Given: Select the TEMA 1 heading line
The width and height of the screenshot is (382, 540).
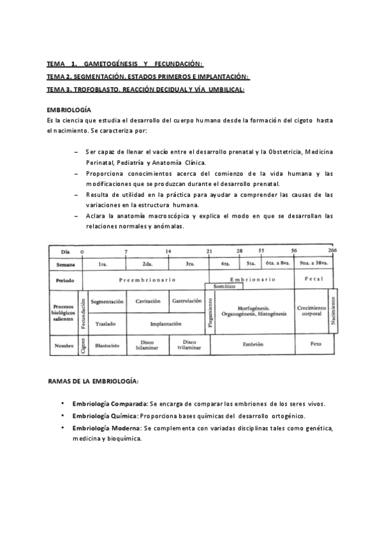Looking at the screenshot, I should point(124,64).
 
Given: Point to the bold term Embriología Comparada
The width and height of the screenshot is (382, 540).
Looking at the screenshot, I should point(110,404).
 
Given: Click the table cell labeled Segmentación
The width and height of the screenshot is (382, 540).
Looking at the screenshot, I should point(107,301).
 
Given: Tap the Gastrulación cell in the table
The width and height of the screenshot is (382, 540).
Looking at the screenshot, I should point(187,301).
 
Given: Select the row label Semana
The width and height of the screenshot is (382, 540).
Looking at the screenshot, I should point(64,263).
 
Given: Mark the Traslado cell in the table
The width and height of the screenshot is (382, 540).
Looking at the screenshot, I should point(105,323).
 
